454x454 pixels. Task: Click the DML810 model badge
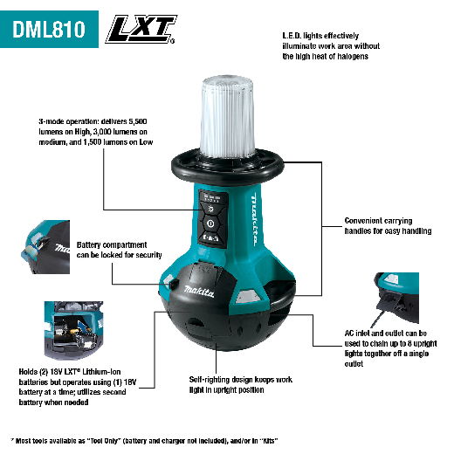(49, 29)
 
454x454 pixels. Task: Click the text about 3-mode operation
(86, 135)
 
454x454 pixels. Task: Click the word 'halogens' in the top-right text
(348, 55)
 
